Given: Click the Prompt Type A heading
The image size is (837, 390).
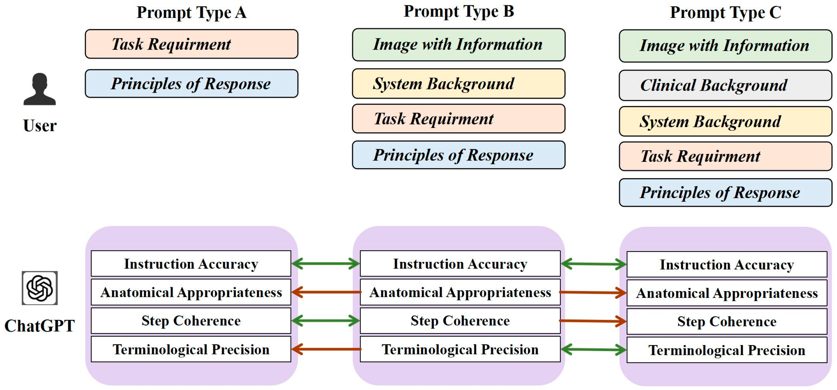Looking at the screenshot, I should [x=192, y=13].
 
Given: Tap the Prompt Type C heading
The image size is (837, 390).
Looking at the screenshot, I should [x=725, y=13].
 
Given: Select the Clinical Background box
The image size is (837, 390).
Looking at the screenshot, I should [x=725, y=86].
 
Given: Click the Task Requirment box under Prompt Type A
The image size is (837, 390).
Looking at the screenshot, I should [x=192, y=44].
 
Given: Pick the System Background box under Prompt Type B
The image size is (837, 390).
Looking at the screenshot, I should [x=459, y=84].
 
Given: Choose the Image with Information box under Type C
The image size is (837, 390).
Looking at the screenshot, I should [x=725, y=46].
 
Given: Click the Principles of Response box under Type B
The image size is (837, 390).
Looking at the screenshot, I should [x=459, y=155].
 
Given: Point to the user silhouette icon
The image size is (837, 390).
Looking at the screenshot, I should [x=40, y=89].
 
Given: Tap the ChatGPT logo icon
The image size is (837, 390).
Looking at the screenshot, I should [x=40, y=288].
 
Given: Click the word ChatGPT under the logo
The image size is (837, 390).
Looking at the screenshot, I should [x=40, y=326].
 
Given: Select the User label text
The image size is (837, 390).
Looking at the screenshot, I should [x=40, y=126].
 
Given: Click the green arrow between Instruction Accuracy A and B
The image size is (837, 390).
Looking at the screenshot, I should [x=326, y=263].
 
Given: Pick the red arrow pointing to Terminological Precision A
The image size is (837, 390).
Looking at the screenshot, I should [x=326, y=349].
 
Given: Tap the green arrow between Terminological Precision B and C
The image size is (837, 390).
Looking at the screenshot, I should [x=593, y=350].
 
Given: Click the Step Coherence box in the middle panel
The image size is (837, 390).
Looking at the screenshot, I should [x=460, y=321].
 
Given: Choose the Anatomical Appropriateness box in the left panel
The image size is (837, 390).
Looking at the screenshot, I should [x=191, y=292].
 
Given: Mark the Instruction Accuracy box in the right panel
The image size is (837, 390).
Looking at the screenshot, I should [x=727, y=264].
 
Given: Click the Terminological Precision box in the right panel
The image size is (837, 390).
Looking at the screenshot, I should [x=727, y=350].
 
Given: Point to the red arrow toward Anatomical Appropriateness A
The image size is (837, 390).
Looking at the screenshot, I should [x=326, y=292].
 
